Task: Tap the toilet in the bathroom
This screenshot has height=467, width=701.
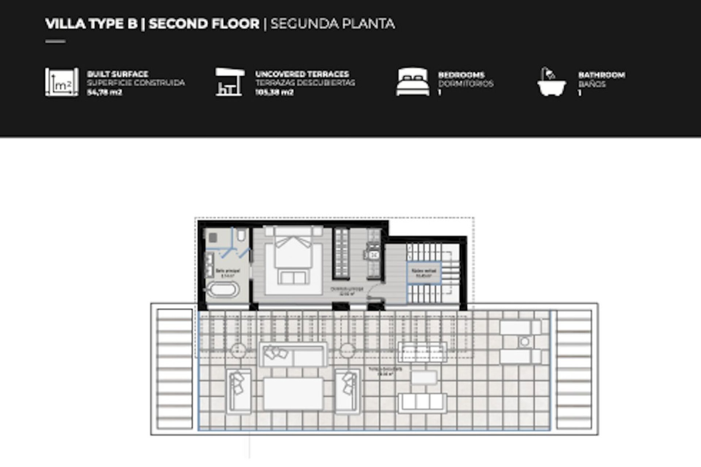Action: tap(241, 235)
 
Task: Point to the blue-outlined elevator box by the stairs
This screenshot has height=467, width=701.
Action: tap(424, 273)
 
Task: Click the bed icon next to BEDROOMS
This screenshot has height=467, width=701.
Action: tap(413, 82)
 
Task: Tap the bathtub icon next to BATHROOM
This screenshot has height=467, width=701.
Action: tap(551, 82)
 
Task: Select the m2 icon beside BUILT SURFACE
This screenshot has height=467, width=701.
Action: tap(61, 82)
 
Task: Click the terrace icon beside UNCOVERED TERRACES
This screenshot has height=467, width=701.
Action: tap(229, 82)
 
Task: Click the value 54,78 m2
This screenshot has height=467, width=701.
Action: tap(104, 92)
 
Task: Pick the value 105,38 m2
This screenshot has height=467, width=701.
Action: tap(274, 92)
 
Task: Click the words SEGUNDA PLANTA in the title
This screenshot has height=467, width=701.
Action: tap(332, 24)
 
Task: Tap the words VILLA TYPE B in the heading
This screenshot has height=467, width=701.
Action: tap(91, 24)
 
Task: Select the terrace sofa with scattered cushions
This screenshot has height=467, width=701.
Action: tap(293, 354)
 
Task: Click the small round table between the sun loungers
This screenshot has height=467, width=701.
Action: tap(525, 342)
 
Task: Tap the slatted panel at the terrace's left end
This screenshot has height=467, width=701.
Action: tap(175, 369)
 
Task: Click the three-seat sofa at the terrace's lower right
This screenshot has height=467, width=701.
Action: tap(422, 402)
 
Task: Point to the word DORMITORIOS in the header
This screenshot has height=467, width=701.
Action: tap(466, 84)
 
